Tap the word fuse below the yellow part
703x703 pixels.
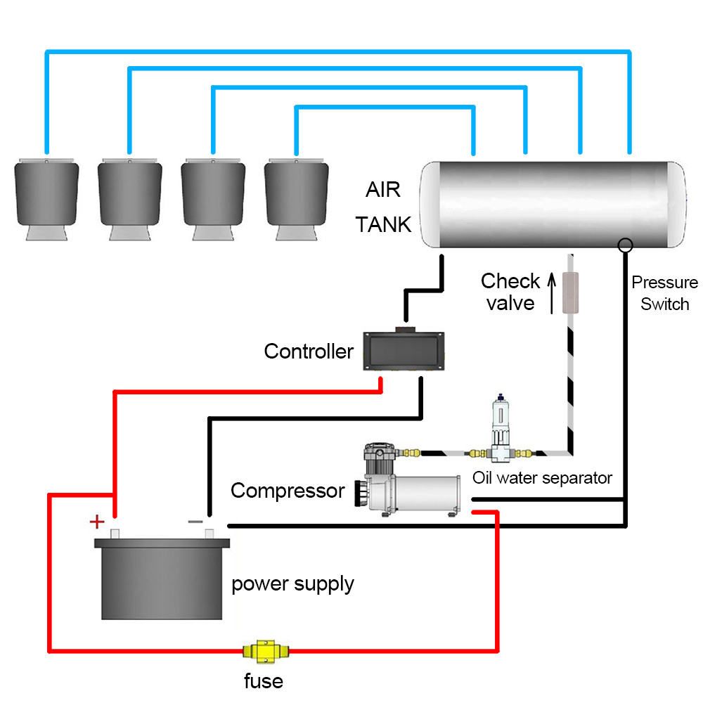click(264, 681)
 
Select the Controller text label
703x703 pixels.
click(309, 351)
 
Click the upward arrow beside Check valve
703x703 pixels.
click(552, 292)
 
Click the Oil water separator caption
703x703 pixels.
click(542, 478)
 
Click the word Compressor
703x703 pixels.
click(288, 490)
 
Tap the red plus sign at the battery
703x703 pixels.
click(96, 522)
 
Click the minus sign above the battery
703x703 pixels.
click(196, 522)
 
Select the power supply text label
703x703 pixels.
click(292, 583)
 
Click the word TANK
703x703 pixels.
click(383, 225)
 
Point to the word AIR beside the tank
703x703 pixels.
click(383, 190)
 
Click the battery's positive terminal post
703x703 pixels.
click(117, 534)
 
